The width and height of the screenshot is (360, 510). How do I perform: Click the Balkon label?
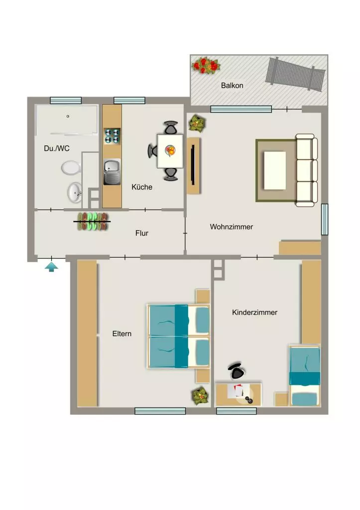tap(232, 86)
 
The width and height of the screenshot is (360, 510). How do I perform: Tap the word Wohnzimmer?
tap(231, 227)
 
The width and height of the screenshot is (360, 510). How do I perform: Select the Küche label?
tap(142, 187)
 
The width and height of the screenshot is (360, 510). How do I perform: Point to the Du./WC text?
tap(57, 148)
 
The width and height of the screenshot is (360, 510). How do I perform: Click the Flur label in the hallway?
tap(142, 233)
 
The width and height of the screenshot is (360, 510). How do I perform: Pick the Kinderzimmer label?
tap(254, 312)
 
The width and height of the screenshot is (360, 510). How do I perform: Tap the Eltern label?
tap(121, 334)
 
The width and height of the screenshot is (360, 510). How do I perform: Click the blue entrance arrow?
tap(51, 267)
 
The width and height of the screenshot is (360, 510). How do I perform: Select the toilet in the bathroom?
tap(71, 168)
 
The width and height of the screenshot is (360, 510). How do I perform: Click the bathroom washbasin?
tap(75, 193)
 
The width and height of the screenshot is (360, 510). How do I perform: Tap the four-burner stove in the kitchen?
tap(112, 136)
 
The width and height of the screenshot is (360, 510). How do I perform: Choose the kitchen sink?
tap(112, 172)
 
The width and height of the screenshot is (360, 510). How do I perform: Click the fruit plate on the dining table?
tap(170, 150)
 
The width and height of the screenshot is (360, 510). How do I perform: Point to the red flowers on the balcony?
tap(206, 65)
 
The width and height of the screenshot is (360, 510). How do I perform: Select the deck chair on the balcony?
tap(295, 74)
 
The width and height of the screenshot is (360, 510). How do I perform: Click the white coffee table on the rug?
tap(275, 170)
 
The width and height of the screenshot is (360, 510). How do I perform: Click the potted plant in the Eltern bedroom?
tap(200, 395)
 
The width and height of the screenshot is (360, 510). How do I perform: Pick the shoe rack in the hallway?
tap(92, 222)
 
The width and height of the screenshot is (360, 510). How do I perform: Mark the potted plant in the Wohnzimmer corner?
tap(197, 124)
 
